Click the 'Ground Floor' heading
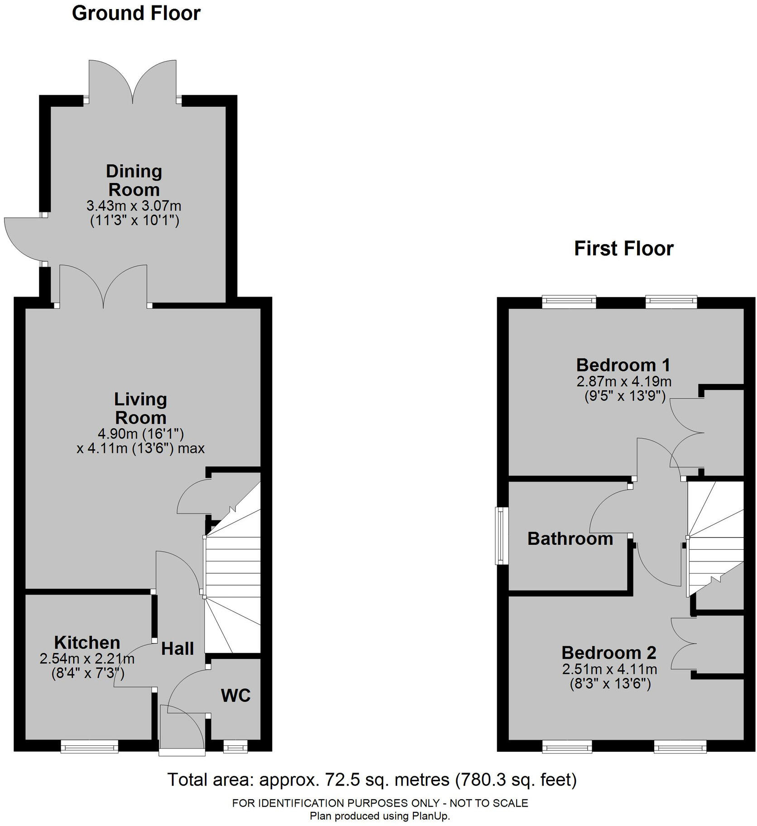coord(136,13)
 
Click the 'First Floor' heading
coord(624,249)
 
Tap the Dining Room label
coord(134,180)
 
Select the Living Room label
coord(140,408)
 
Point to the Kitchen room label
coord(87,643)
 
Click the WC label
coord(235,696)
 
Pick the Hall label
coord(177,649)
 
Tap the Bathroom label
coord(570,539)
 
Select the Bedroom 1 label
coord(623,365)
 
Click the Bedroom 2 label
coord(609,653)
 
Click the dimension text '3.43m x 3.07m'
coord(134,206)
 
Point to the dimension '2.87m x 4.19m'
coord(624,381)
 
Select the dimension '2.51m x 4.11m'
coord(610,669)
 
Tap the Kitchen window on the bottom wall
coord(90,746)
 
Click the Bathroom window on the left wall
coord(501,536)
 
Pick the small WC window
coord(235,746)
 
